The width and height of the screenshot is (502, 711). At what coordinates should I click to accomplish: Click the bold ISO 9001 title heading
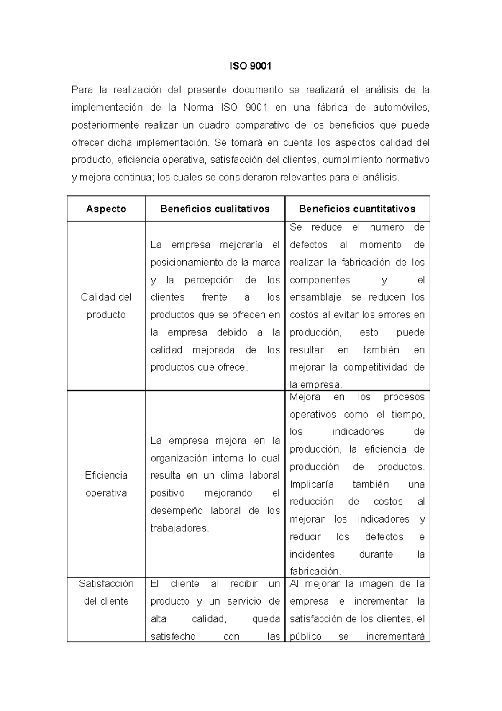coord(251,66)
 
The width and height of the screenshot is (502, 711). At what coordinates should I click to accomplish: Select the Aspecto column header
coord(106,209)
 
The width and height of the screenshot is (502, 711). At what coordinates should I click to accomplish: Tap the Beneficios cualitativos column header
coord(215,209)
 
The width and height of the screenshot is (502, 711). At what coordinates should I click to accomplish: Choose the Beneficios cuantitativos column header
coord(357,209)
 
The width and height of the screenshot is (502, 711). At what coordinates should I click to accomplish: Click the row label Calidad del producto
coord(106,306)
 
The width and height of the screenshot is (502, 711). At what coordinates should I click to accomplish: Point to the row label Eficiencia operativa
coord(106,484)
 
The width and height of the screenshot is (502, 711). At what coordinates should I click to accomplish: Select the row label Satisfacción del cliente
coord(106,592)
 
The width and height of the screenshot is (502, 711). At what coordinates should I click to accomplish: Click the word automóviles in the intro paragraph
coord(401,108)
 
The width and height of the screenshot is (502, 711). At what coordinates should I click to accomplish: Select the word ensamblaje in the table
coord(317,297)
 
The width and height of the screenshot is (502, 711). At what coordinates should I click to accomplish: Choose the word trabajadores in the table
coord(179,528)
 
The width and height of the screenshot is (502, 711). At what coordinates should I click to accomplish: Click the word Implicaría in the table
coord(312,484)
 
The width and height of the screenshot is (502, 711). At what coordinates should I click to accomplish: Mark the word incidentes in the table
coord(312,554)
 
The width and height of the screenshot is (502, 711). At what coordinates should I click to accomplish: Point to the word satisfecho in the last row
coord(173,637)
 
